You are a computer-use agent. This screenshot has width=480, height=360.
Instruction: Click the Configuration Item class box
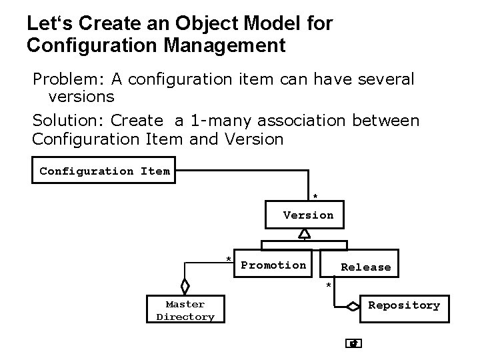point(105,171)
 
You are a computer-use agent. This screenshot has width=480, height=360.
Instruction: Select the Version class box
point(308,215)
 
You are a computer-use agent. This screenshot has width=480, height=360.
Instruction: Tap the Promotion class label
point(273,265)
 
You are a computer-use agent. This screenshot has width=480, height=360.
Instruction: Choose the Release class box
point(365,266)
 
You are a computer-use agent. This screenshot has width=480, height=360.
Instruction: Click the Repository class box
point(404,305)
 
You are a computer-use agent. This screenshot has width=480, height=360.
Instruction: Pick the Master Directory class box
point(185,311)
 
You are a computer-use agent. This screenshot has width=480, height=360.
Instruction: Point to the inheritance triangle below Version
point(305,233)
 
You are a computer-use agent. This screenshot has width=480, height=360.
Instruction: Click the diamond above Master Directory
point(185,285)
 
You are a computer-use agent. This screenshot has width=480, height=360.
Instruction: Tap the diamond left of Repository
point(351,306)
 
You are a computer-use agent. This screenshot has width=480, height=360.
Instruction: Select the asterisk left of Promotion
point(229,259)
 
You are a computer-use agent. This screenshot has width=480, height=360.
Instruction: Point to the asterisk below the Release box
point(328,286)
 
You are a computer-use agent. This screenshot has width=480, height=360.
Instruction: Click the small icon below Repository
point(354,344)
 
